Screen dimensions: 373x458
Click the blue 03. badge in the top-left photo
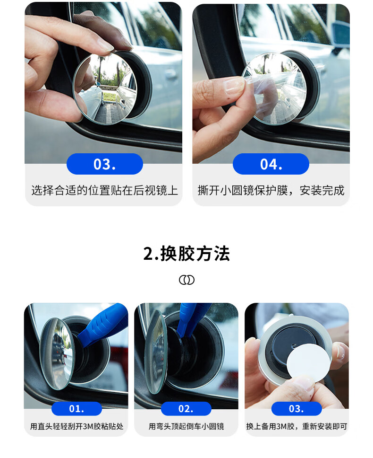click(105, 164)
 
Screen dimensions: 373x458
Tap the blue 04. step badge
click(271, 164)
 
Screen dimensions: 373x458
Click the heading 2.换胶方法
click(186, 253)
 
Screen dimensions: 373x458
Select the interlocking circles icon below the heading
click(186, 280)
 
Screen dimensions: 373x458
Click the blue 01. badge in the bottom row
click(76, 408)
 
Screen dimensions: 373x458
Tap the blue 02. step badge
click(186, 408)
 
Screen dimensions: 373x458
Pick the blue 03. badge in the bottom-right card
click(297, 408)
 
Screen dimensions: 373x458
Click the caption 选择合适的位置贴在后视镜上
click(105, 191)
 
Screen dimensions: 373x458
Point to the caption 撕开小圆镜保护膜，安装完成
click(271, 191)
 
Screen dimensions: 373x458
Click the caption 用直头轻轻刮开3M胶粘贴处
click(76, 426)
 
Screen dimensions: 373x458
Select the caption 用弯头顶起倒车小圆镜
click(186, 426)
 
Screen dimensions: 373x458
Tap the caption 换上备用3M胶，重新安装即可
click(297, 426)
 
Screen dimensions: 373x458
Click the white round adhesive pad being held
click(308, 362)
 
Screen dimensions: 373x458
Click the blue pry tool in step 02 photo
click(191, 318)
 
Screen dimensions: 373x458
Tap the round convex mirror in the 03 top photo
click(104, 88)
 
